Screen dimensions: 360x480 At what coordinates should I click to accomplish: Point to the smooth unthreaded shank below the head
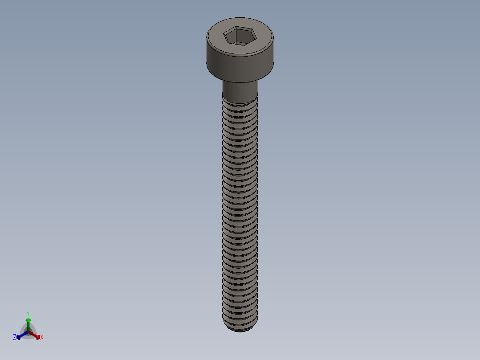point(240,92)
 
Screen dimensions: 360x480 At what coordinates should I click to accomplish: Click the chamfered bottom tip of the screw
point(240,329)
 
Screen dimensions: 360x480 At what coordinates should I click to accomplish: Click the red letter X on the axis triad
point(42,338)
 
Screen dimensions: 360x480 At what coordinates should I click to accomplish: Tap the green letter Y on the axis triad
point(28,313)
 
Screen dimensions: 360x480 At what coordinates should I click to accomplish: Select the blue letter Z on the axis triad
point(15,338)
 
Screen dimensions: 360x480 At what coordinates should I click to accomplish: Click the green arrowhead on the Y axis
point(28,320)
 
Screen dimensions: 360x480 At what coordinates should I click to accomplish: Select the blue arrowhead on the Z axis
point(19,337)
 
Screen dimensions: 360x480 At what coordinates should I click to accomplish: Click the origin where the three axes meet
point(28,331)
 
